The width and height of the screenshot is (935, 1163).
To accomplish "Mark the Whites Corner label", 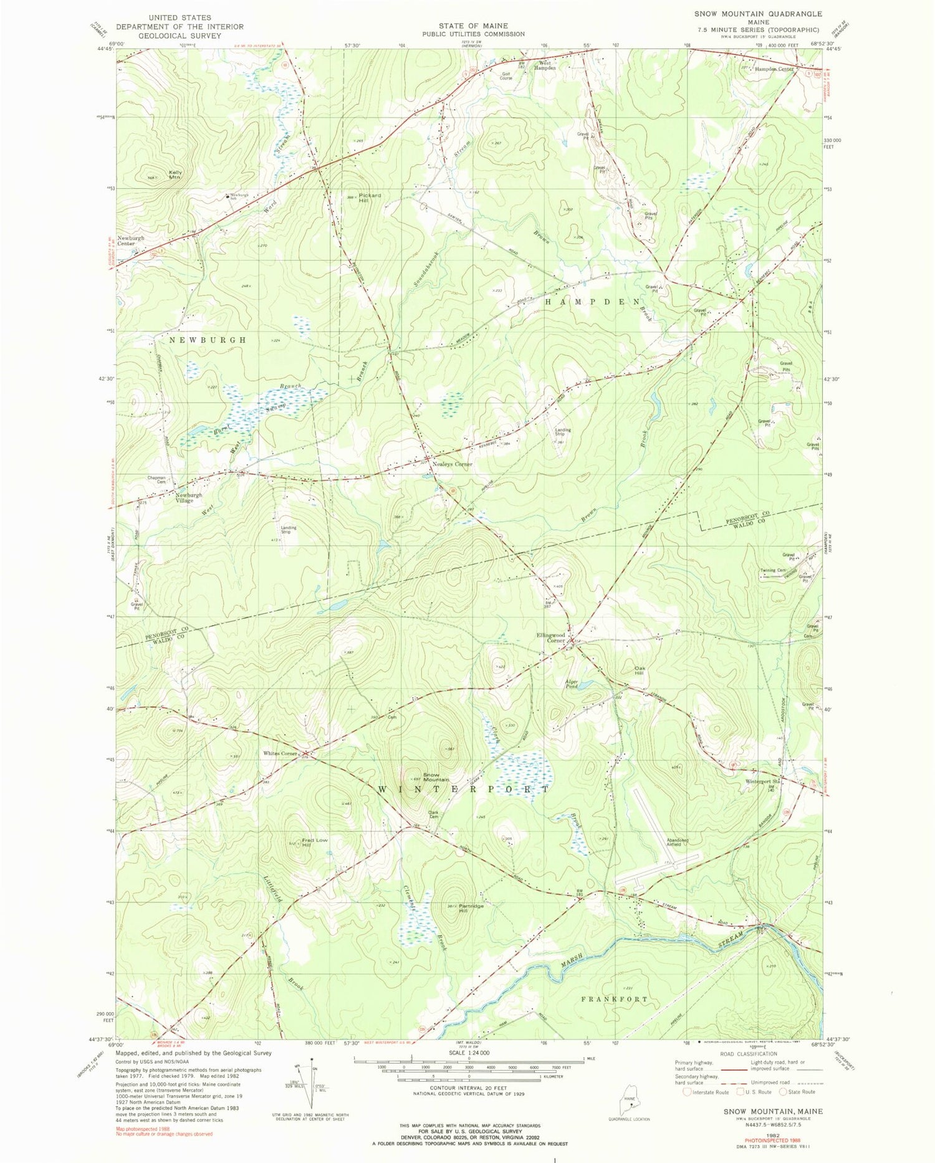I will (280, 754).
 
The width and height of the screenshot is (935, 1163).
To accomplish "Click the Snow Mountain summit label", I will (436, 777).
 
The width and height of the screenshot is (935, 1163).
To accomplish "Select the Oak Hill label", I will (639, 671).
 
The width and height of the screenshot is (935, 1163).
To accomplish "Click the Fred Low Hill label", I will (315, 843).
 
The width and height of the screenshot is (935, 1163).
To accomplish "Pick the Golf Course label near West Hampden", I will (506, 76).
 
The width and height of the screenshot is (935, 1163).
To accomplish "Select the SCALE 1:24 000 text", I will (467, 1053).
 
